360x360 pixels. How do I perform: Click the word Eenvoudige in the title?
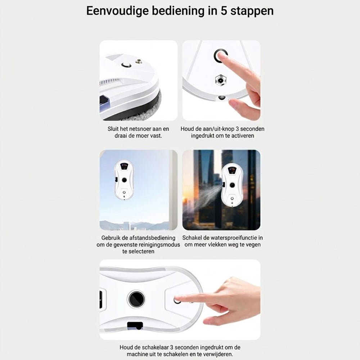point(117,11)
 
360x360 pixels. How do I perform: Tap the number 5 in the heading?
point(224,11)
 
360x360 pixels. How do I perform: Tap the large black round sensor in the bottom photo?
point(136,299)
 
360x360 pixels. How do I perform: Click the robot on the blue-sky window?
point(124,180)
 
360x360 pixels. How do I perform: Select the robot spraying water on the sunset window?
point(232,185)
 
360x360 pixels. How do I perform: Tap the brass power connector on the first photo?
point(139,61)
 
